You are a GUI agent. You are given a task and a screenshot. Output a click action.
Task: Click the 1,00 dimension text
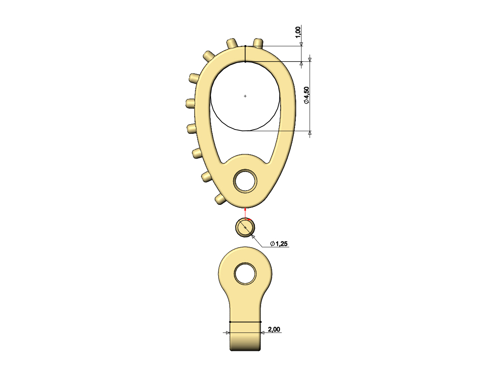[x=298, y=32]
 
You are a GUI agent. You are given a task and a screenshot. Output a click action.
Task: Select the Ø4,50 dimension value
[x=306, y=96]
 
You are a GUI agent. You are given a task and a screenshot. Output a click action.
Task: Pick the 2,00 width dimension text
[x=274, y=329]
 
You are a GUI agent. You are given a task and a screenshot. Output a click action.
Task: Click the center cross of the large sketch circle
[x=245, y=96]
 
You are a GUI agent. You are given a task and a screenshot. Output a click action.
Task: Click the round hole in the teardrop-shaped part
[x=245, y=181]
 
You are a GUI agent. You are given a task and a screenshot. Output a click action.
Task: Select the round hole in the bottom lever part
[x=245, y=274]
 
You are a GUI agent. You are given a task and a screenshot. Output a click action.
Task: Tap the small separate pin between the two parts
[x=245, y=228]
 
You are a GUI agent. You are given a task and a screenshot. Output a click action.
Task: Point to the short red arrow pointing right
[x=250, y=220]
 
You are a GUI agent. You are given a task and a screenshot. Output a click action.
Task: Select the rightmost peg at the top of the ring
[x=258, y=42]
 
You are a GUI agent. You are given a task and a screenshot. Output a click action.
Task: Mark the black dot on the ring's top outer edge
[x=245, y=46]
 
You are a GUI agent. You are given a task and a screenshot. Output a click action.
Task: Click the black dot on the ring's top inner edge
[x=245, y=61]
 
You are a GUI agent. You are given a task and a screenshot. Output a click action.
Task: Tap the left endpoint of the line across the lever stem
[x=230, y=322]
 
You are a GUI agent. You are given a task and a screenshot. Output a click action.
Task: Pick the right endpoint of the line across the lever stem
[x=261, y=322]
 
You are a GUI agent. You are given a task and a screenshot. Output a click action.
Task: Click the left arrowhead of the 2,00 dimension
[x=227, y=333]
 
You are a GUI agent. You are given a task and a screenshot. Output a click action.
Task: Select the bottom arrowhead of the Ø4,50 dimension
[x=309, y=133]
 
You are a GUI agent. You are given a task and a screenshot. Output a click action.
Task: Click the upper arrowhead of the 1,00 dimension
[x=301, y=44]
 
